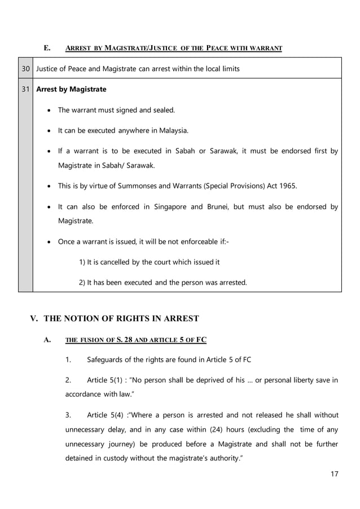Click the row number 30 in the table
point(25,69)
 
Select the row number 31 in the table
point(25,89)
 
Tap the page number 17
point(334,473)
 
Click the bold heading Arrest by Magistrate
point(71,89)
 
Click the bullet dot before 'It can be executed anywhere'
point(51,131)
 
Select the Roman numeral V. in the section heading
point(34,319)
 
